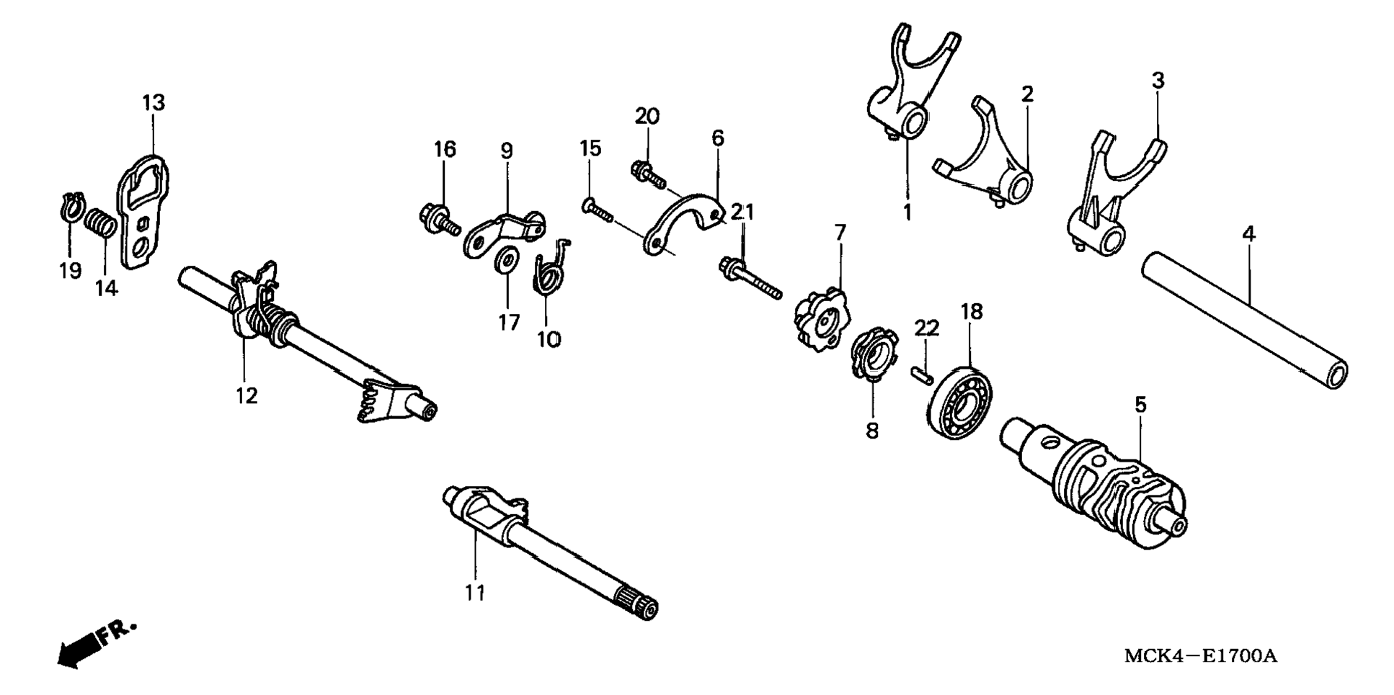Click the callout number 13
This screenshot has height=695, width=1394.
154,103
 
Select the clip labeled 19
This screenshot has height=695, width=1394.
71,207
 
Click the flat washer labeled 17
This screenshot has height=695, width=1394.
507,260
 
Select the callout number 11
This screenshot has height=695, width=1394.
474,593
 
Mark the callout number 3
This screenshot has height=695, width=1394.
1158,81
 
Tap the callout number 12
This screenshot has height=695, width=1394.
247,395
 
